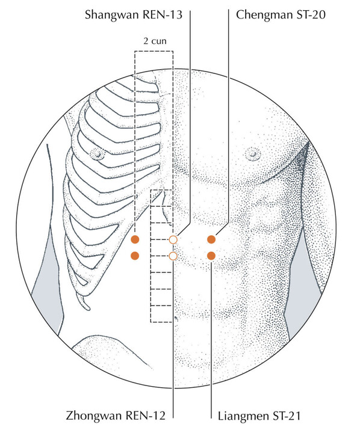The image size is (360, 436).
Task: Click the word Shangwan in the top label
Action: pos(113,15)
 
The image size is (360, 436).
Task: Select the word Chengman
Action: pos(265,15)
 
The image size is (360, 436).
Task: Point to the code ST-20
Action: pos(311,14)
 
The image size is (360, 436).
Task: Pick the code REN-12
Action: pos(146,416)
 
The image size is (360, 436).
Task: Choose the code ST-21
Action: pos(287,416)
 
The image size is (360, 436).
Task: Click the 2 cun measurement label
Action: pos(155,41)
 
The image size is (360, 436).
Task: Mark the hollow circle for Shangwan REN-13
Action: pos(173,239)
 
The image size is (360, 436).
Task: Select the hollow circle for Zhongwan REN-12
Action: pos(173,256)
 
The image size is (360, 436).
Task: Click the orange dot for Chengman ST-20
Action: pos(211,239)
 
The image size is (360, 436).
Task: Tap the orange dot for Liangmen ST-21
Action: pos(211,256)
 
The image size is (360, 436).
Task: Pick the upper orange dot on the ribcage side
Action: pos(135,239)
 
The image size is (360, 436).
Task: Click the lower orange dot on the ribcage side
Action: pos(135,256)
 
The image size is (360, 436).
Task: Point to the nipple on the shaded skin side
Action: pos(253,153)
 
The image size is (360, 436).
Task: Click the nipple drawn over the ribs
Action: pos(98,154)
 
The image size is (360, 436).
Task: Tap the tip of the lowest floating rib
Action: pos(88,308)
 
